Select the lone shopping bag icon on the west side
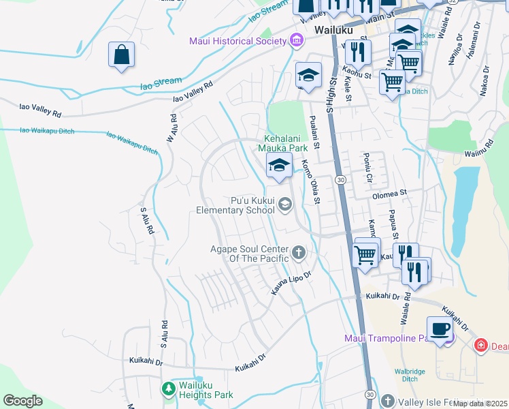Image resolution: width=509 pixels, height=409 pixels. point(121,56)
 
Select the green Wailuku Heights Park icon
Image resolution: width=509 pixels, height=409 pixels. point(168,389)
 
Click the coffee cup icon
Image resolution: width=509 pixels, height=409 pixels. point(440,329)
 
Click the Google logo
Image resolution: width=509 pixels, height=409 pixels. point(23,401)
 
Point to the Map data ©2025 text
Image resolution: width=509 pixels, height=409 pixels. point(480,404)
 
